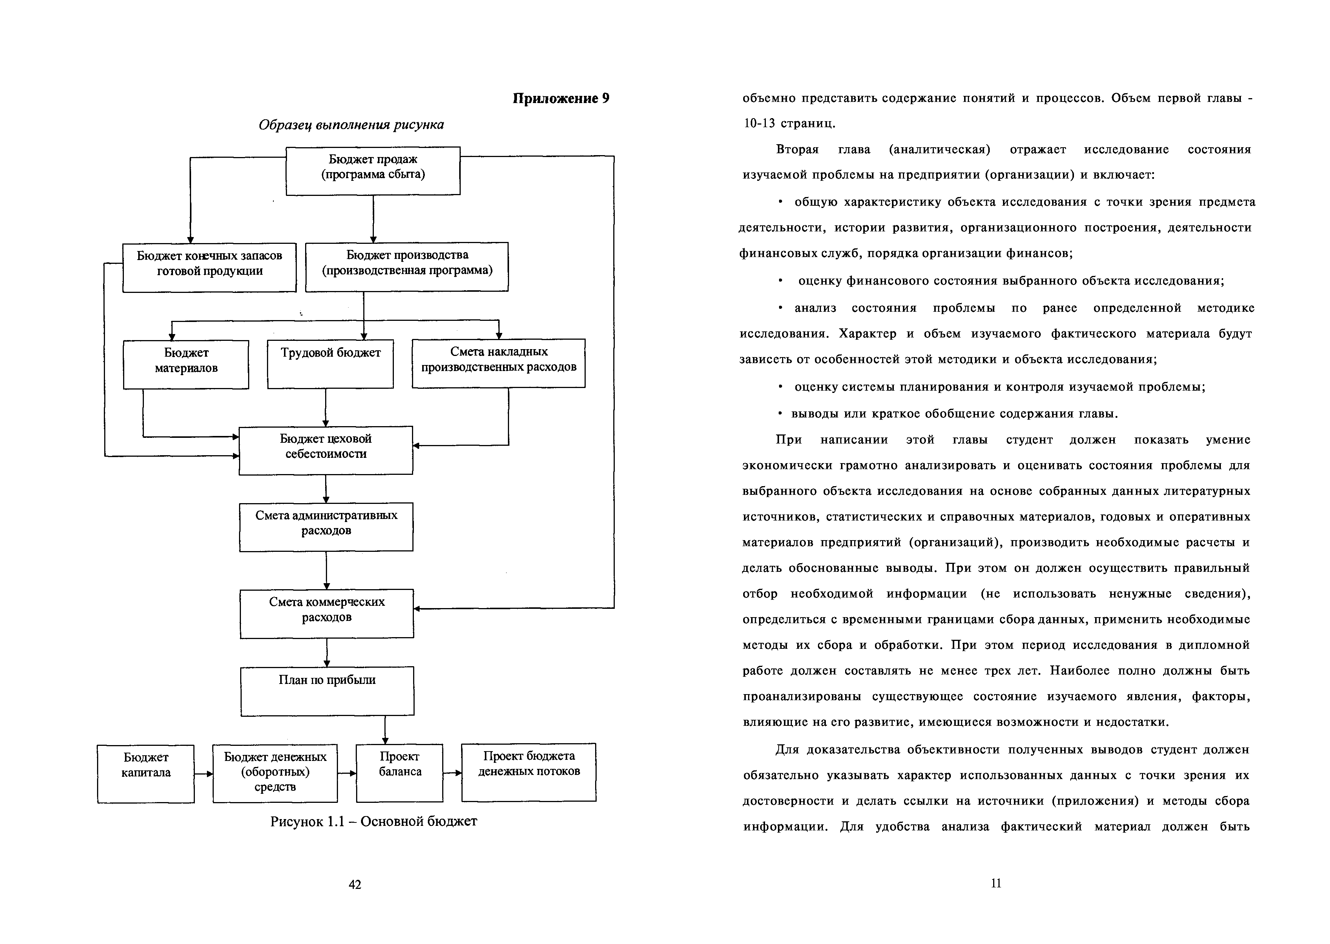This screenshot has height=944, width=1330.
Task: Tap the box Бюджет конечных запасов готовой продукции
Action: pyautogui.click(x=209, y=267)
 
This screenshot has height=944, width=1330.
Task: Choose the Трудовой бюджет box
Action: pyautogui.click(x=330, y=363)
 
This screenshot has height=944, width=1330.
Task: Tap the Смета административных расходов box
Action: pyautogui.click(x=326, y=527)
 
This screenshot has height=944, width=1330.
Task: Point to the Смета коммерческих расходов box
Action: pyautogui.click(x=327, y=613)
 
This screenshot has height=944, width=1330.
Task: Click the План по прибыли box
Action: pyautogui.click(x=327, y=691)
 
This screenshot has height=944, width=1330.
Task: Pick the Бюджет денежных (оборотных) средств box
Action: pyautogui.click(x=275, y=773)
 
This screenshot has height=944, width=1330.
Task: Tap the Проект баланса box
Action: pyautogui.click(x=400, y=773)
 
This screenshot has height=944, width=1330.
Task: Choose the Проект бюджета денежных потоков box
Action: pyautogui.click(x=529, y=772)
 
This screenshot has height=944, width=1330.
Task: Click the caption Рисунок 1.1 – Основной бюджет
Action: pyautogui.click(x=373, y=821)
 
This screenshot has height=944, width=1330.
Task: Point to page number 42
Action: pyautogui.click(x=355, y=884)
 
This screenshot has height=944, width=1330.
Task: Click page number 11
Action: pyautogui.click(x=995, y=883)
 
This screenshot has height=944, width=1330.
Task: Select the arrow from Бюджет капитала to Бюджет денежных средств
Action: pyautogui.click(x=204, y=774)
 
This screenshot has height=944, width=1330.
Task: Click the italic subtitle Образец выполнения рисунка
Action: pyautogui.click(x=351, y=125)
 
